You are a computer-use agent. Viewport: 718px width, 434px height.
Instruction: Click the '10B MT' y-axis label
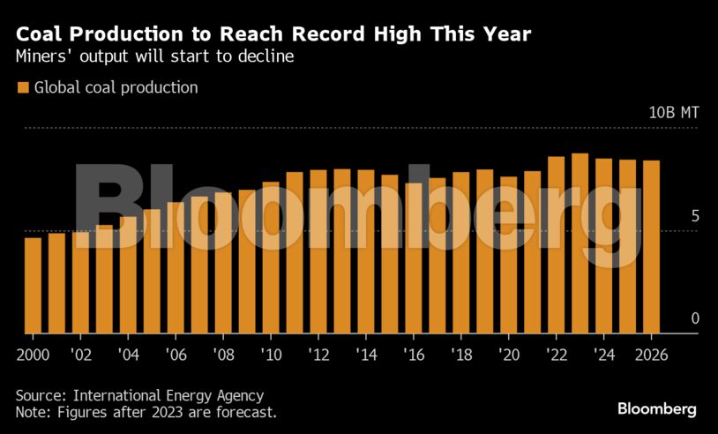point(674,113)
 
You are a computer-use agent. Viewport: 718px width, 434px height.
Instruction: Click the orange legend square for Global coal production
point(23,87)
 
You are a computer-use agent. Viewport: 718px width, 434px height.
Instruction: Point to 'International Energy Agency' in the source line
point(168,395)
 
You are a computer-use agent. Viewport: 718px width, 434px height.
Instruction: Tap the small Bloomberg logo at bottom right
point(656,408)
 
